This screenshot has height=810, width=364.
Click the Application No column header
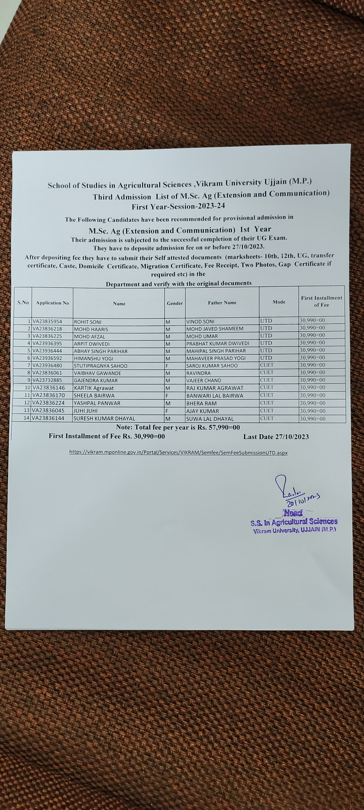[52, 303]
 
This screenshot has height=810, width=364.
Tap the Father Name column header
[222, 303]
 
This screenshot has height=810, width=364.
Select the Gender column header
[175, 303]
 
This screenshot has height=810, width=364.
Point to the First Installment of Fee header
[321, 301]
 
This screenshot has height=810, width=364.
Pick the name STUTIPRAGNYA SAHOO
[101, 366]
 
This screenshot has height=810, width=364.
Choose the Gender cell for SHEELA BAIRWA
[167, 396]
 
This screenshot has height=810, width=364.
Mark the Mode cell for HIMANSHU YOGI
[266, 358]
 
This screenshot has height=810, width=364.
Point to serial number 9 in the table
[29, 380]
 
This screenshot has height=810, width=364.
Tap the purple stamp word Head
[293, 513]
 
